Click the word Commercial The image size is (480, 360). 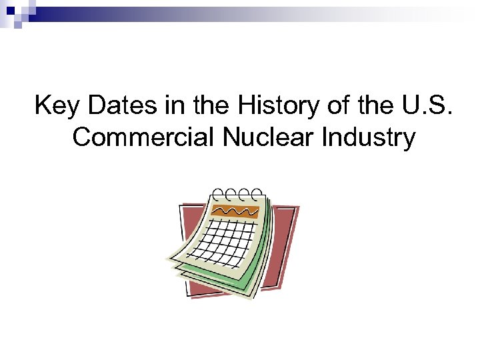pos(143,137)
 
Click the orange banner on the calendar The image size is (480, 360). pos(235,211)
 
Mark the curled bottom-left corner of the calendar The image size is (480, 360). pos(175,261)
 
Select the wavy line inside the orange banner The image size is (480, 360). pos(235,211)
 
